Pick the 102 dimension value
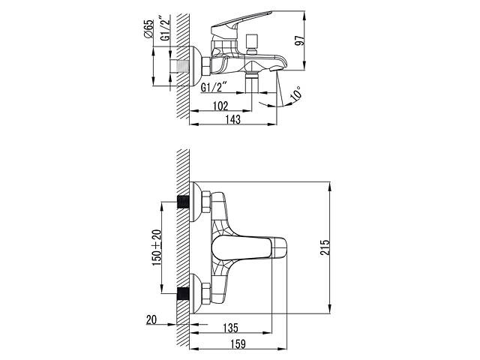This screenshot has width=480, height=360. coord(219,106)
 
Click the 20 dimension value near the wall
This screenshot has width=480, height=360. coord(152,319)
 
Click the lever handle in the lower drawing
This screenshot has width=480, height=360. coord(251,247)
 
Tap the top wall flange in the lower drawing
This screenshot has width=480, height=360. coord(197,202)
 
